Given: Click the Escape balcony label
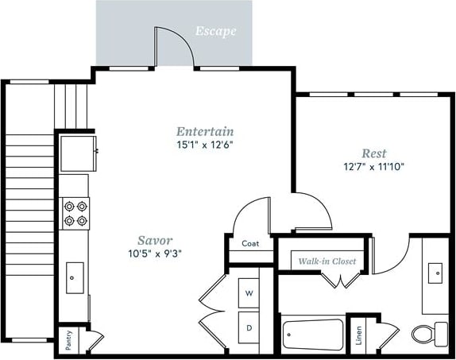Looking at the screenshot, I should [216, 33].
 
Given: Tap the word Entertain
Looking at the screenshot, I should [205, 131].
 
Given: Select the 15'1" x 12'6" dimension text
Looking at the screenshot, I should [205, 145].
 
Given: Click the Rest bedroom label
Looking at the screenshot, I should [374, 153].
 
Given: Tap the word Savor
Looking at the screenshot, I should [155, 239].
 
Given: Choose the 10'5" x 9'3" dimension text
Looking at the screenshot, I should [155, 253].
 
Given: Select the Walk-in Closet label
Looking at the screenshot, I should [327, 261].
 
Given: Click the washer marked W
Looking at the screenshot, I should [249, 293].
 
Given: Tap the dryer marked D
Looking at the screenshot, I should [249, 327].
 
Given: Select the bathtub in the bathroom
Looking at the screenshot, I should [312, 334].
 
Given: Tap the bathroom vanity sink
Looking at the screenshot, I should [435, 274].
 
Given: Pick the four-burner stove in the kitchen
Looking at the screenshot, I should [75, 213].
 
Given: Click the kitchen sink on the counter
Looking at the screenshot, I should [73, 278].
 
